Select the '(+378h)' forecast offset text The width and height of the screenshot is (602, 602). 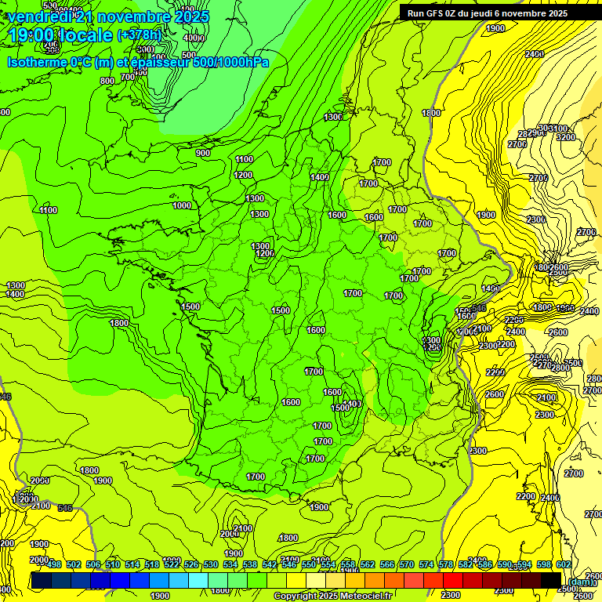[x=139, y=35]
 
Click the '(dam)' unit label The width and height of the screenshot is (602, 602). [x=580, y=581]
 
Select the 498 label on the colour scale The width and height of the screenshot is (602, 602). [x=54, y=565]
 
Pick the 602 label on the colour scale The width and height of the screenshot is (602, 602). [x=564, y=565]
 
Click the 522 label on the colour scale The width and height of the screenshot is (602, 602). [x=172, y=565]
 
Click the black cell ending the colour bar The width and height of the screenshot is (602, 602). [x=551, y=580]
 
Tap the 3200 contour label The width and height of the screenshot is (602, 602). [x=565, y=137]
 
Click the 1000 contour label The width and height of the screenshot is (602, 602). [x=182, y=205]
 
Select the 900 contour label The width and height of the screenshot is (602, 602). [x=203, y=153]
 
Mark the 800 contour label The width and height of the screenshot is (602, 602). [x=107, y=80]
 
